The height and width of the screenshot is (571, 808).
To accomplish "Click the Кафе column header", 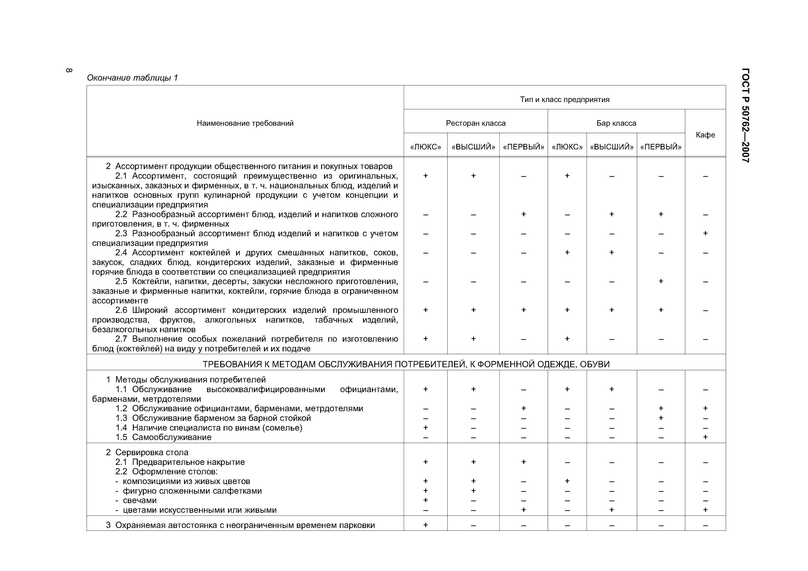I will pos(705,135).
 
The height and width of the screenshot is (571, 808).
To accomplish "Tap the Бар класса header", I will pos(616,123).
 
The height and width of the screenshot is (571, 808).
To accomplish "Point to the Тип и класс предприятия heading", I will pos(564,100).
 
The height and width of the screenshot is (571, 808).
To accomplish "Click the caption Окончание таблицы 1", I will pos(132,78).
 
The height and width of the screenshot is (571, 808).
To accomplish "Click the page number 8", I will pos(69,70).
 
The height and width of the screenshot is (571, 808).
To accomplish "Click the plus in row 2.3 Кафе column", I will pos(705,233).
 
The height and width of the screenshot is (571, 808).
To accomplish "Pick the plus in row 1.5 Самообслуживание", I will pos(705,437).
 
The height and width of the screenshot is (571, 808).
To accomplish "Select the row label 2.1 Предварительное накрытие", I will pos(180,462).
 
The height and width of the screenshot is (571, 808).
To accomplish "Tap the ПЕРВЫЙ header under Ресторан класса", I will pos(523,147).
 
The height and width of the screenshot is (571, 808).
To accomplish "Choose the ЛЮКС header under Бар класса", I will pos(567,147).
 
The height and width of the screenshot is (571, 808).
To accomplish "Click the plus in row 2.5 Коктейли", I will pos(661,281).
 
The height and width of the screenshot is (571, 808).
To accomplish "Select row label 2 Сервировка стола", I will pos(147,453).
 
